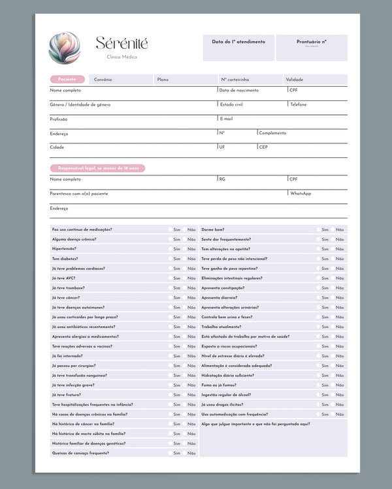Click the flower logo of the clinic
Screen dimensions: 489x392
[x=64, y=48]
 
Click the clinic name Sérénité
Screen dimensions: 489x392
[x=122, y=44]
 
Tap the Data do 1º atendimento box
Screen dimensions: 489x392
[x=238, y=48]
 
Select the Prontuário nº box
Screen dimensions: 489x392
[x=311, y=48]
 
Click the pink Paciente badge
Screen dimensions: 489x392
[x=67, y=80]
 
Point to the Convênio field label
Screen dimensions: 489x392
[x=103, y=80]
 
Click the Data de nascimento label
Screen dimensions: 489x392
[x=239, y=90]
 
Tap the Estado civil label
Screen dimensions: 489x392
[x=231, y=104]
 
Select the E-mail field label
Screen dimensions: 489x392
[x=226, y=119]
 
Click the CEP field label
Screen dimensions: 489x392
[x=263, y=147]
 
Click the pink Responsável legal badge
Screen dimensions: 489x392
[x=98, y=168]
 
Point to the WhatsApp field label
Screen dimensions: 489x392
[x=301, y=194]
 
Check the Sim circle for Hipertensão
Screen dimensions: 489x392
[x=170, y=249]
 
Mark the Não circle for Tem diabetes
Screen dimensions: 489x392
[x=184, y=259]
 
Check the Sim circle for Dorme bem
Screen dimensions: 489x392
[x=318, y=230]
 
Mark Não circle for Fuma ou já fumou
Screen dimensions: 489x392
[x=333, y=385]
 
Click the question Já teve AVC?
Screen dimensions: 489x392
[x=63, y=278]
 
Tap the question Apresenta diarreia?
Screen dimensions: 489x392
[x=220, y=297]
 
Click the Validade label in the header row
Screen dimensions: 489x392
[x=294, y=80]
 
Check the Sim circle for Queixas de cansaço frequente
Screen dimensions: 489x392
[x=170, y=453]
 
